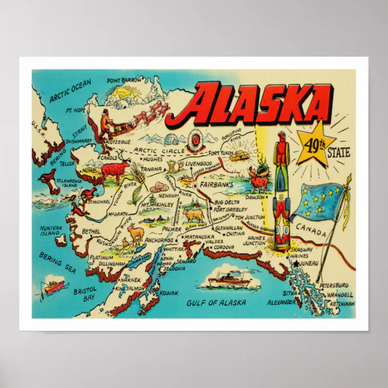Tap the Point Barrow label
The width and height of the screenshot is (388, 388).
[x=124, y=80]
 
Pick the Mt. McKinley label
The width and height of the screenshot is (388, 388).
[x=158, y=205]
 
